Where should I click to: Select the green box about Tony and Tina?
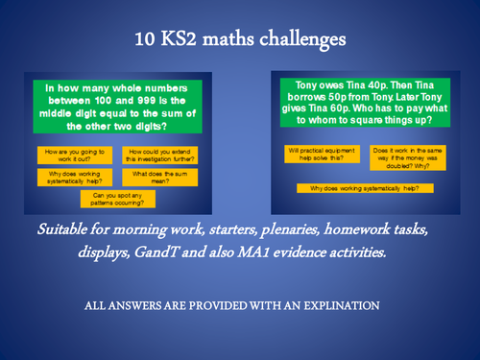363,104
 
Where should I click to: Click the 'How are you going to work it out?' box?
76,156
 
